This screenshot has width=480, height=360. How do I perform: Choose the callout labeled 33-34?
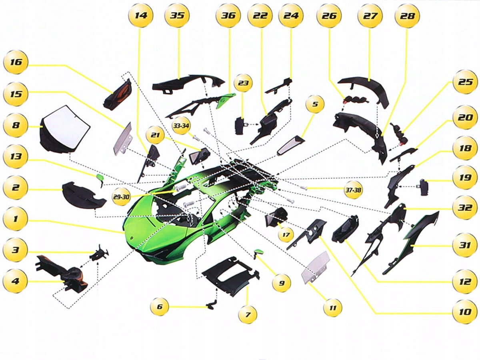181,126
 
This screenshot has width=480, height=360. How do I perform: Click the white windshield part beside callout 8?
66,126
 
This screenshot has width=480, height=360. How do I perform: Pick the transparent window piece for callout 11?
315,267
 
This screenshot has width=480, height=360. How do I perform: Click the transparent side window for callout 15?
122,138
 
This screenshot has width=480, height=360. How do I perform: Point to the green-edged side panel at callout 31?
412,242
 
